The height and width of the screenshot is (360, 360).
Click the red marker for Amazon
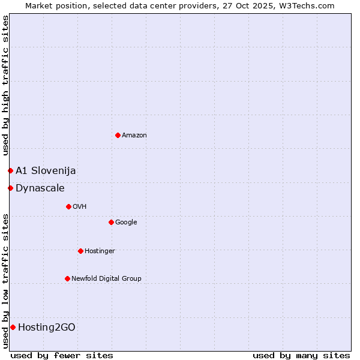tap(118, 135)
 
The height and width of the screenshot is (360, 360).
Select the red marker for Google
tap(111, 222)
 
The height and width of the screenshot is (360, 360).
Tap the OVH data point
tap(68, 206)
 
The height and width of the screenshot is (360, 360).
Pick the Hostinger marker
tap(80, 251)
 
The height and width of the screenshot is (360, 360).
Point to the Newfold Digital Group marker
tap(67, 278)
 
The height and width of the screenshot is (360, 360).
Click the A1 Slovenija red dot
tap(10, 170)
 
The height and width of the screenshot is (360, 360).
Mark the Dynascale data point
tap(10, 188)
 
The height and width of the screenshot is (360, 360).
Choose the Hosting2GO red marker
tap(13, 327)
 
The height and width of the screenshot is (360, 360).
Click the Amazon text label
tap(134, 135)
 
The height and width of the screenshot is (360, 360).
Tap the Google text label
tap(126, 222)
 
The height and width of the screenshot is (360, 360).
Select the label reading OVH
tap(80, 206)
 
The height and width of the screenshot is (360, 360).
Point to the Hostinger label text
tap(100, 251)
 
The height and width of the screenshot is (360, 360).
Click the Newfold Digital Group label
tap(106, 278)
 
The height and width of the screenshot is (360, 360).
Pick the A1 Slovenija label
tap(46, 170)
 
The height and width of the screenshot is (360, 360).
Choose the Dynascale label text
tap(40, 188)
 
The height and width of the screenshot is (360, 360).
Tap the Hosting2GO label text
tap(47, 327)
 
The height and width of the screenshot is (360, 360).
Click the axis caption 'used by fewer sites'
tap(62, 355)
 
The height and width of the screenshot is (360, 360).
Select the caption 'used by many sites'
tap(301, 355)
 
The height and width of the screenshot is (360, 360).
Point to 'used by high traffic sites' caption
tap(5, 86)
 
